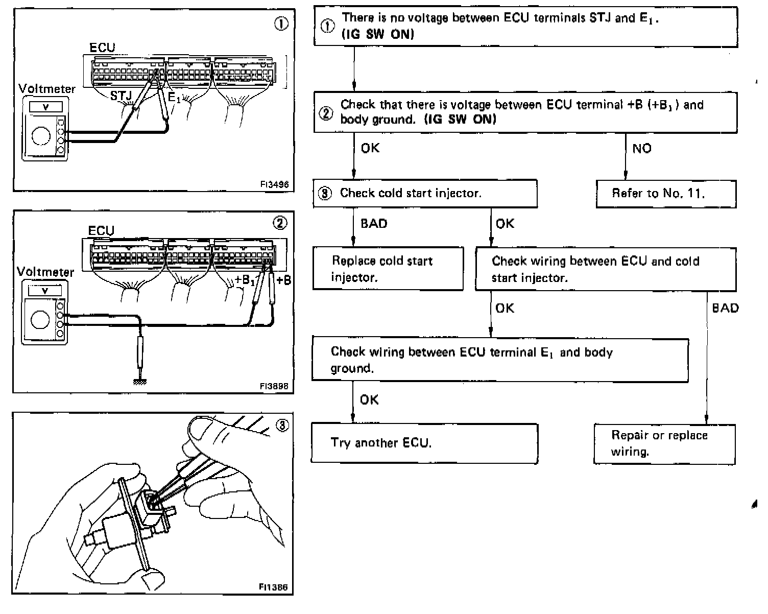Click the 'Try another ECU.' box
pos(424,443)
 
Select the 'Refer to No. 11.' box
pos(666,194)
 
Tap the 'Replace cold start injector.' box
pos(388,269)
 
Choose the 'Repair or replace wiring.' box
pos(664,443)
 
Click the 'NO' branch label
pos(642,149)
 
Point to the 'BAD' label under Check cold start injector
pos(374,224)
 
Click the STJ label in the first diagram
pos(121,96)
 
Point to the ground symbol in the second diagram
pos(139,382)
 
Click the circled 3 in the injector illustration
pos(282,425)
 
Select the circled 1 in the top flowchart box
pos(327,26)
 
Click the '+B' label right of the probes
pos(283,280)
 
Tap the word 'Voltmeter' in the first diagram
pos(46,89)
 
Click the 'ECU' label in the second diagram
pos(101,231)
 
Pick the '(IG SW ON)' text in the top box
pos(377,34)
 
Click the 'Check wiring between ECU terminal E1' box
pos(499,360)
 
